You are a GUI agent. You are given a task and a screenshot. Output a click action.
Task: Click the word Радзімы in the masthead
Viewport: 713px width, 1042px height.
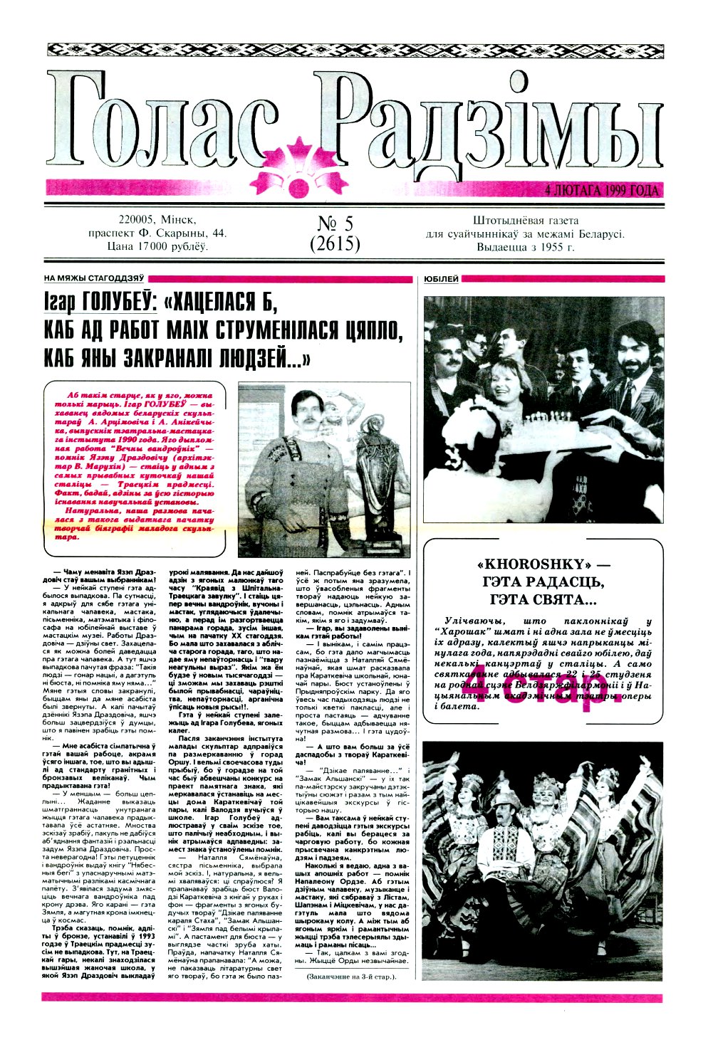pos(491,121)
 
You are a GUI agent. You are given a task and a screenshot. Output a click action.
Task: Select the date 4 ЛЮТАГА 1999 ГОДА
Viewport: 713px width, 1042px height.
pos(601,190)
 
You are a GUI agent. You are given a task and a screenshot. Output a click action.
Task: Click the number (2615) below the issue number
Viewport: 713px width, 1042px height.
pos(335,244)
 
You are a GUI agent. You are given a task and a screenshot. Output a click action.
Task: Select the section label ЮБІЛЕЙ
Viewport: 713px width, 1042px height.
pos(441,279)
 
